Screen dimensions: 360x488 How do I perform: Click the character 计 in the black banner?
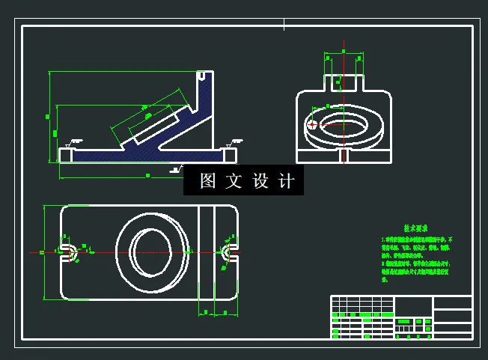(x=287, y=181)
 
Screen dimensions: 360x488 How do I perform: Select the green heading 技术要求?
(x=415, y=228)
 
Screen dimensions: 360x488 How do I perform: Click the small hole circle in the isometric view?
(x=313, y=125)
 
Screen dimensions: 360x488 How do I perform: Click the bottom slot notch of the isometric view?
(x=342, y=155)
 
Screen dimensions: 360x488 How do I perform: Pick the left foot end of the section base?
(x=66, y=154)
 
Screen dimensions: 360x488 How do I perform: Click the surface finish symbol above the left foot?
(x=75, y=141)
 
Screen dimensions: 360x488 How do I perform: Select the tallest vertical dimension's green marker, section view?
(x=47, y=117)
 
